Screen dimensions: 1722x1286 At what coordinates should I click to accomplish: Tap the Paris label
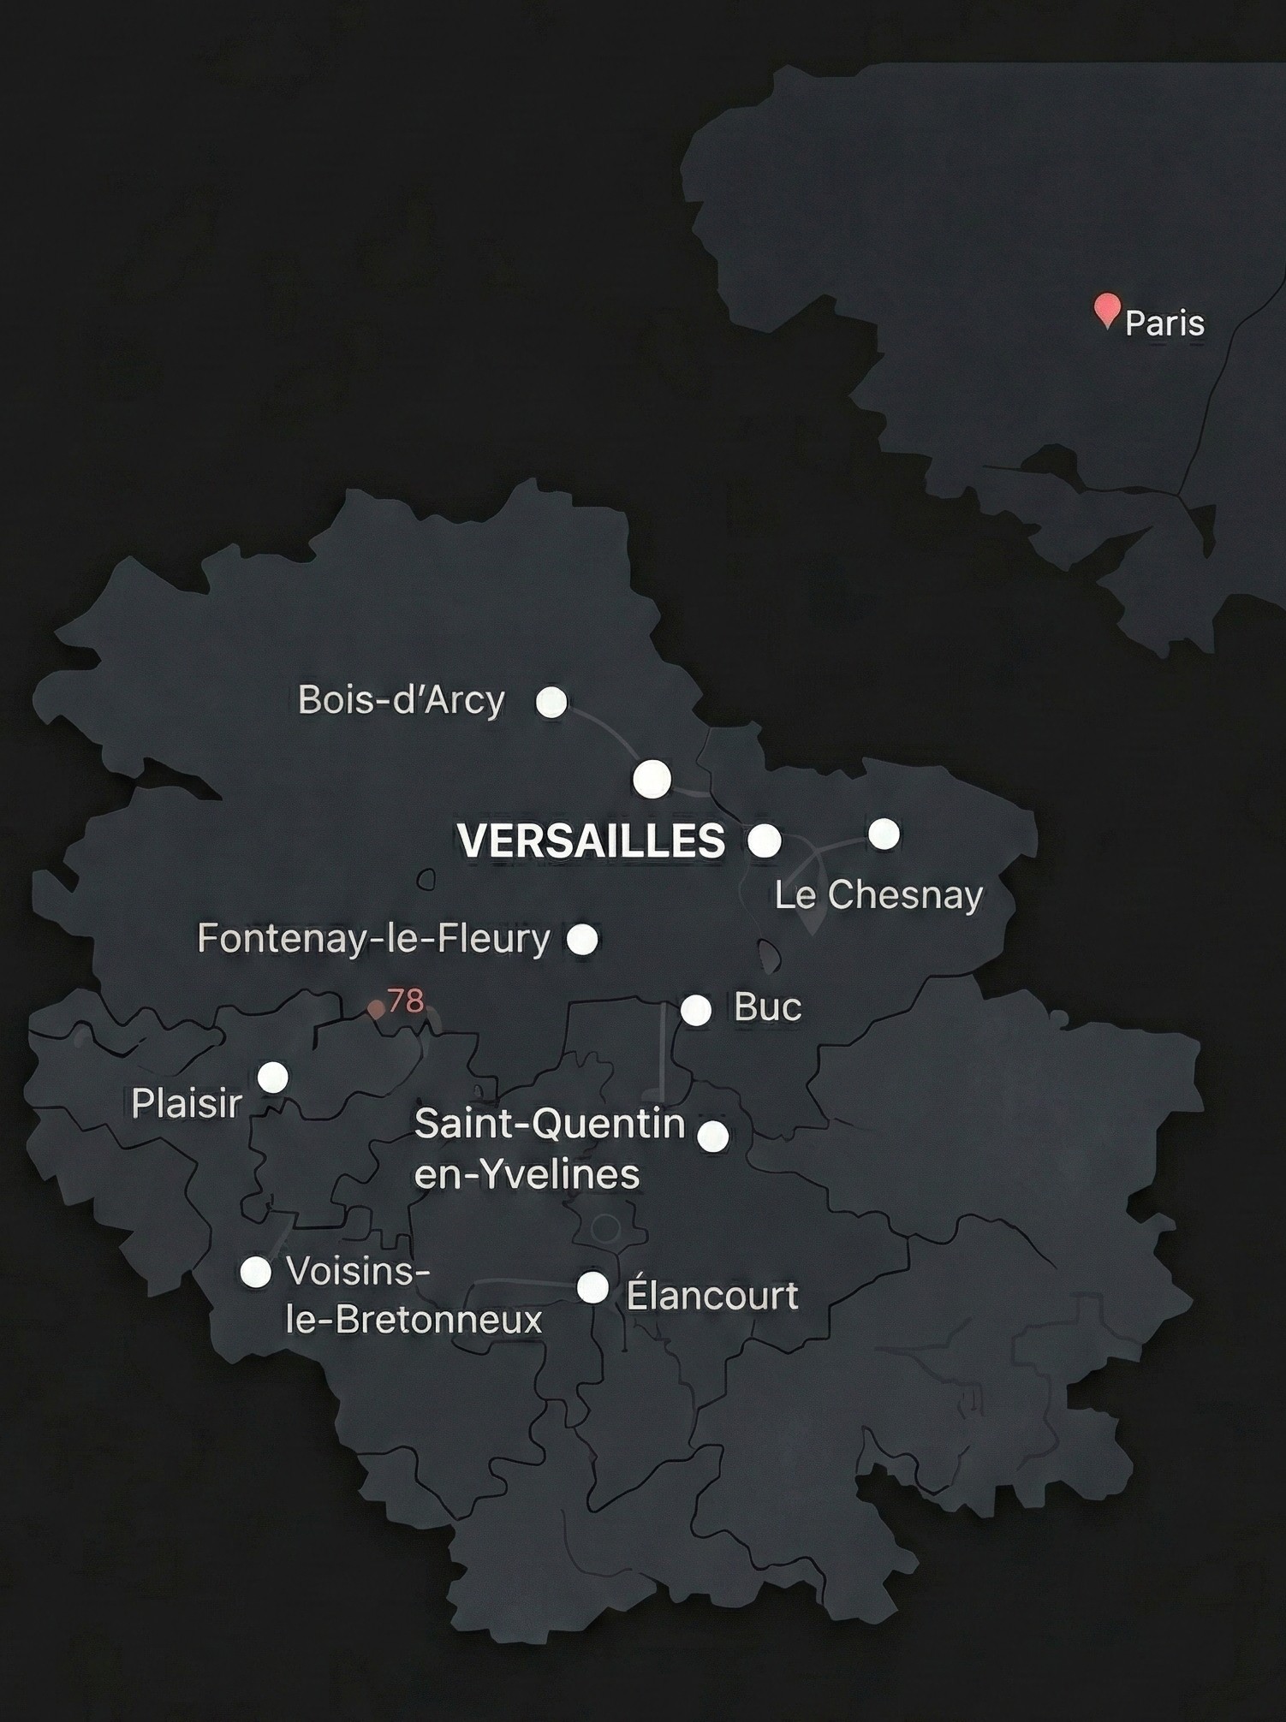(x=1164, y=324)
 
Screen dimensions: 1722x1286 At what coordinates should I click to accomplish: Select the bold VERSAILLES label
(x=592, y=840)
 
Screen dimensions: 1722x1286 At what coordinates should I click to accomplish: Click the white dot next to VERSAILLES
(x=764, y=840)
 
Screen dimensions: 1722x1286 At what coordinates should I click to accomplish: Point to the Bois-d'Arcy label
(x=401, y=700)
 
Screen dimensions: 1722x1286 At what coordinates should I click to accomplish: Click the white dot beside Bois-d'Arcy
(x=551, y=702)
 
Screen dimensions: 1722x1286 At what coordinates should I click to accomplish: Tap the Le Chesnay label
(x=878, y=895)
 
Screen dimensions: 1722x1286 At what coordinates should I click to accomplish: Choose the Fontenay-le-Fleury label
(x=373, y=938)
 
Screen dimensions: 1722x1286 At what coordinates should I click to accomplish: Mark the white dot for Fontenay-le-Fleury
(x=583, y=939)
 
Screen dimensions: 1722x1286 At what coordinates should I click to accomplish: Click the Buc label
(x=768, y=1007)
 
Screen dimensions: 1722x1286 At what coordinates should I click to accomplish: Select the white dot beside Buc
(x=696, y=1010)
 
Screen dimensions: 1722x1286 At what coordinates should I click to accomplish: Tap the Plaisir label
(x=187, y=1104)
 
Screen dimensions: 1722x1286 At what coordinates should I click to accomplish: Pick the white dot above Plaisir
(x=273, y=1077)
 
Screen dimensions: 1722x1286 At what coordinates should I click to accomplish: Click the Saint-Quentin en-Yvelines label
(x=548, y=1149)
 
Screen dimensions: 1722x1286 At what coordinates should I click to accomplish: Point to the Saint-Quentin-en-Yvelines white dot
(x=713, y=1137)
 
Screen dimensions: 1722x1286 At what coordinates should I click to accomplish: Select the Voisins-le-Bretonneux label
(x=414, y=1295)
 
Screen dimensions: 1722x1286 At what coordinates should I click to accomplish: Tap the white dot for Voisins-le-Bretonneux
(x=255, y=1272)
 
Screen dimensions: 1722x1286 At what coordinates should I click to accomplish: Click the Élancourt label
(x=712, y=1295)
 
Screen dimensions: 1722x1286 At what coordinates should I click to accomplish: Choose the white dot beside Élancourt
(x=592, y=1287)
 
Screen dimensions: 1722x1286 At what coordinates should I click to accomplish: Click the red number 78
(x=405, y=1000)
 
